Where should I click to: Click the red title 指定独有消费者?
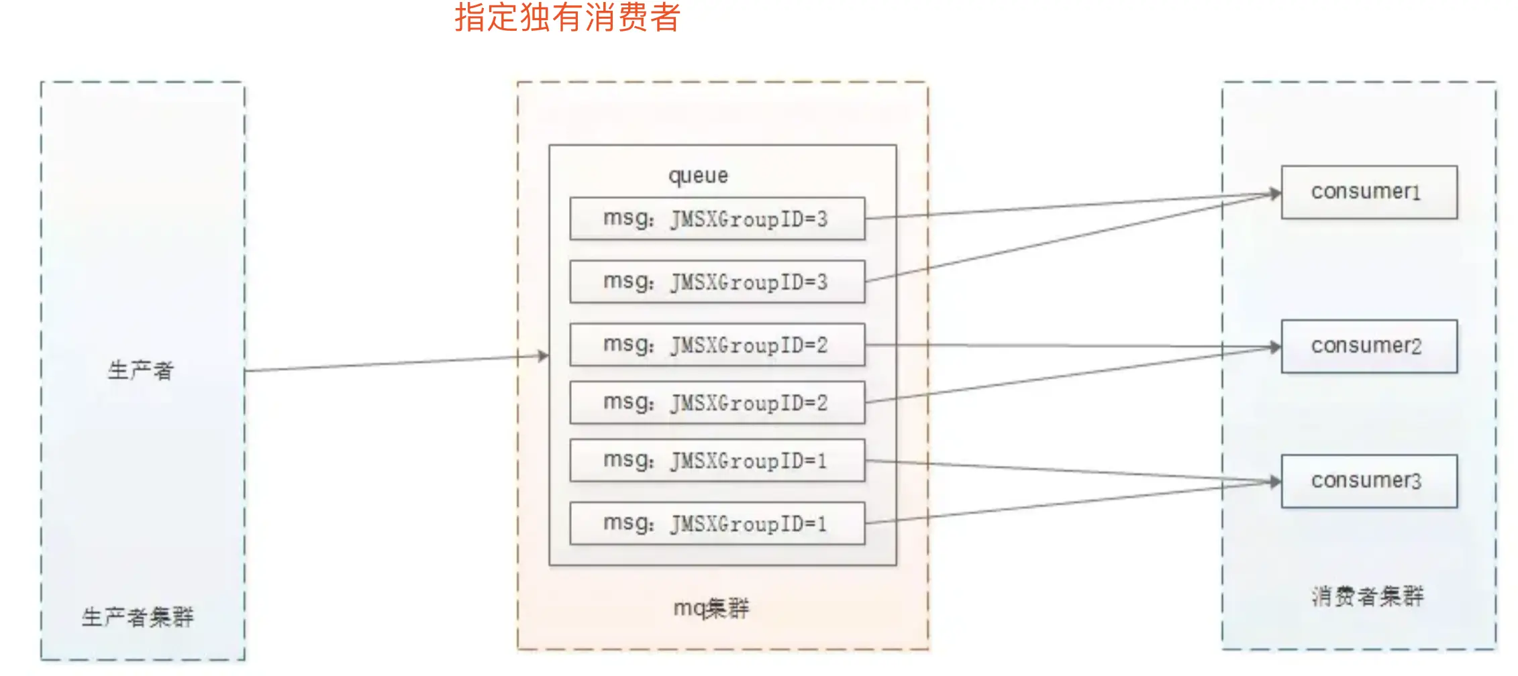coord(567,18)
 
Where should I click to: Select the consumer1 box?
coord(1368,192)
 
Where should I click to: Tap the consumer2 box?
coord(1368,346)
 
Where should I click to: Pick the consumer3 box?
coord(1368,481)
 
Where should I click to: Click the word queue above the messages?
coord(698,176)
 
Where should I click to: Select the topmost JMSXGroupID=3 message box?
coord(717,219)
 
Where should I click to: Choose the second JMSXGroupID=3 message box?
coord(717,282)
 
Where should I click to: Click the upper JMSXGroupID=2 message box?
coord(717,345)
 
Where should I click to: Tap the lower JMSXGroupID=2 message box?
coord(717,402)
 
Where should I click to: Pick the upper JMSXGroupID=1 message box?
coord(717,461)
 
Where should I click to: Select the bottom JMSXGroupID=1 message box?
coord(717,523)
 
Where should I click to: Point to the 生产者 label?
coord(141,370)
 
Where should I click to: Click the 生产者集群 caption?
coord(138,617)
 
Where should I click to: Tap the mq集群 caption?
coord(711,608)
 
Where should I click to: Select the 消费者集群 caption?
coord(1368,596)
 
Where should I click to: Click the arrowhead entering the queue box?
coord(544,355)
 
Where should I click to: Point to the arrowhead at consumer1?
coord(1275,194)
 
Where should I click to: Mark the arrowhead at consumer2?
coord(1275,347)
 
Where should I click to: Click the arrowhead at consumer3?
coord(1275,482)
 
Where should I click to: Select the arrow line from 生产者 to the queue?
coord(396,363)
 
